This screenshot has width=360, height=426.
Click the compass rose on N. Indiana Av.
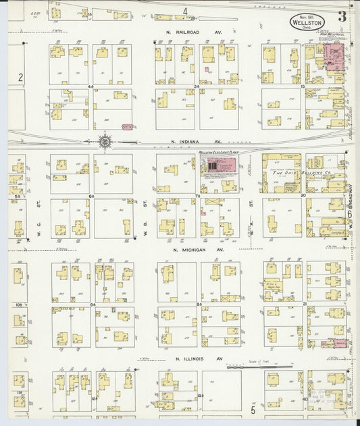click(105, 142)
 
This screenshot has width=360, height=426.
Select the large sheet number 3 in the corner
click(342, 17)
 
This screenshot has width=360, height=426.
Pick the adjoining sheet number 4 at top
click(185, 11)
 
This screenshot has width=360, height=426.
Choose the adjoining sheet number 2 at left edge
click(20, 78)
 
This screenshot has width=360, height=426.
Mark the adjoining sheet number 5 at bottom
click(253, 409)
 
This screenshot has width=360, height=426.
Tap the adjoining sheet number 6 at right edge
click(350, 215)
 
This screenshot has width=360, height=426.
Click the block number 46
click(91, 87)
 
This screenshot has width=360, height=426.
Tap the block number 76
click(198, 196)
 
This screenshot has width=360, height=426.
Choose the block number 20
click(303, 196)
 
